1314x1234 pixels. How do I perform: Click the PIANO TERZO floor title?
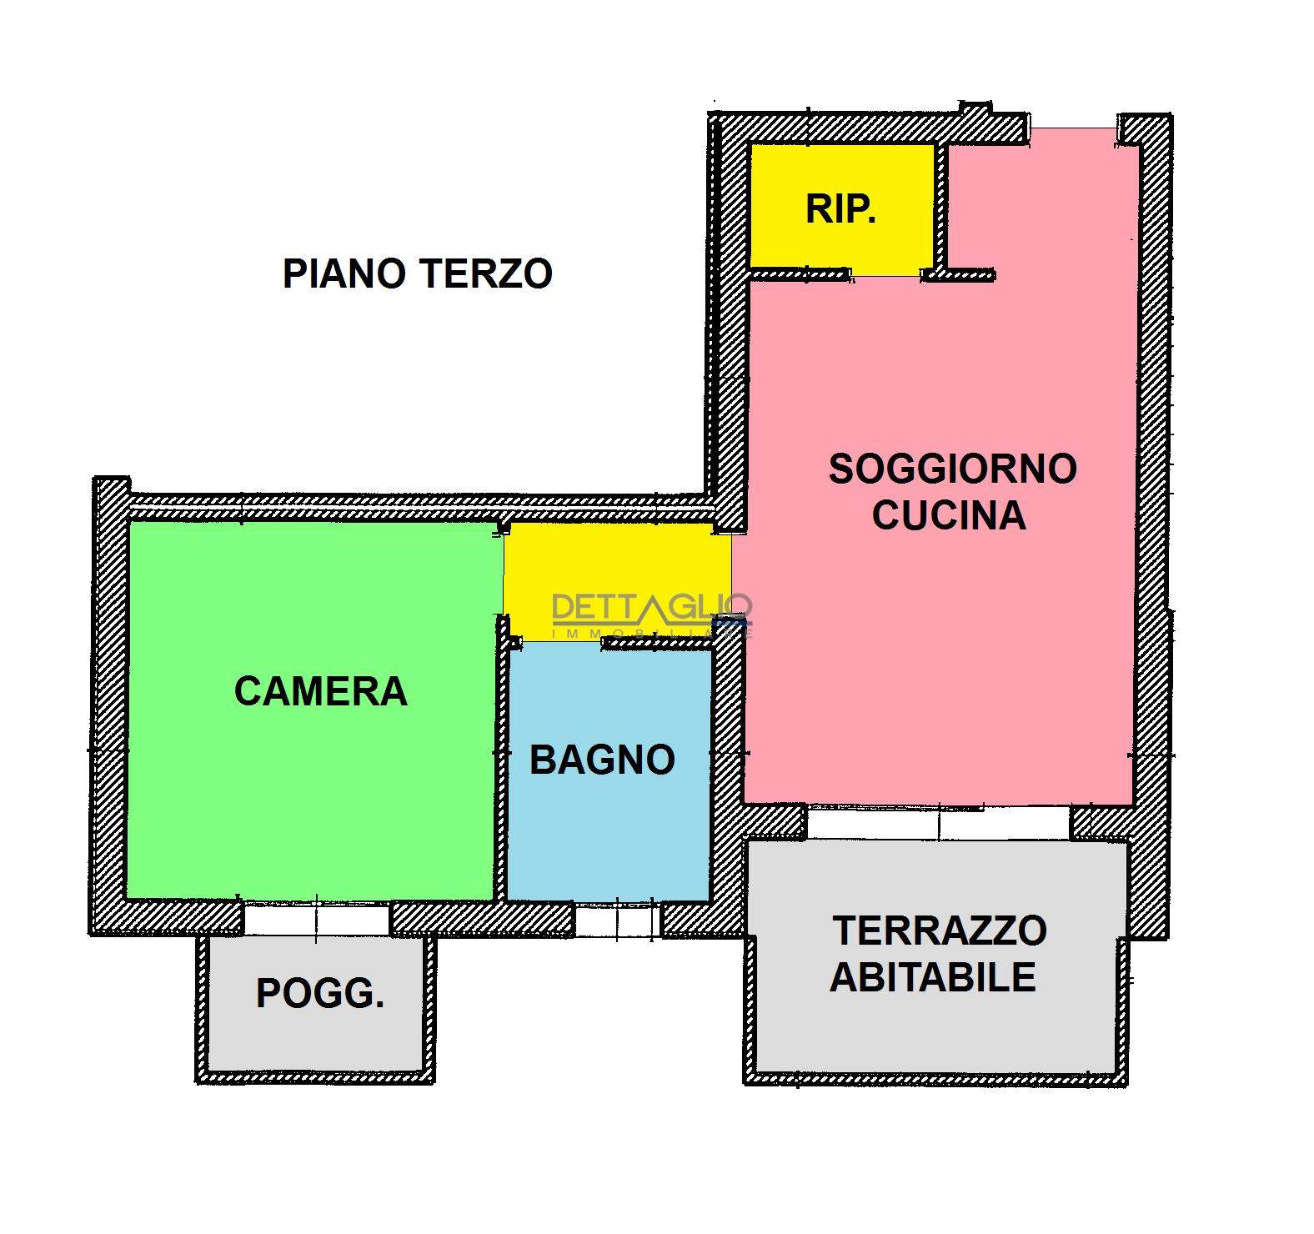tap(417, 273)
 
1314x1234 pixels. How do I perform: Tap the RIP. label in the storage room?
tap(840, 208)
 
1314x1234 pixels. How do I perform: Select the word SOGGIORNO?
tap(952, 469)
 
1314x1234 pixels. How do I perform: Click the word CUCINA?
tap(949, 515)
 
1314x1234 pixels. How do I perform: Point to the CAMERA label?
tap(320, 691)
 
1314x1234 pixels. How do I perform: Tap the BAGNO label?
tap(602, 760)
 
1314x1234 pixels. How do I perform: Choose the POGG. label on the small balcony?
tap(320, 993)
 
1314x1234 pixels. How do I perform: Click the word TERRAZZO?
tap(940, 931)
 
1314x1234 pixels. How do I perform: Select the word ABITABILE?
tap(933, 976)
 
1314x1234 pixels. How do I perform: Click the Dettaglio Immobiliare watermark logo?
tap(652, 615)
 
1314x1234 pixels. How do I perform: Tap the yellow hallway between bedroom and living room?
tap(617, 582)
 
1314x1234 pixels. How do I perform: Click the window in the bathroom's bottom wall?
tap(617, 920)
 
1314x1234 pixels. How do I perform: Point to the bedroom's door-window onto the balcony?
tap(316, 919)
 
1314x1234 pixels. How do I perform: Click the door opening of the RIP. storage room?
tap(885, 273)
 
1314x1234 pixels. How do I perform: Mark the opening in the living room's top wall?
tap(1072, 128)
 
